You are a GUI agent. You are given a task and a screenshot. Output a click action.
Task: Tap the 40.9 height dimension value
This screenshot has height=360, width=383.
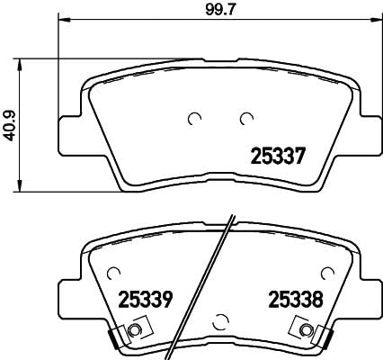pyautogui.click(x=11, y=125)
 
